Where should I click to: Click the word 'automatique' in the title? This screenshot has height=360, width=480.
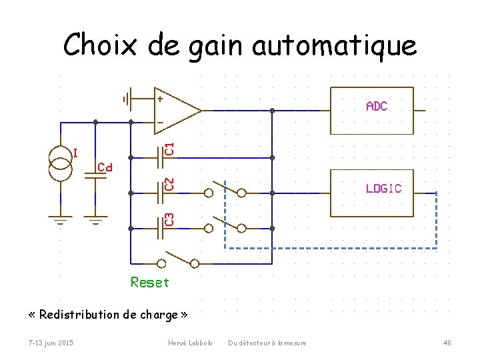coord(335,45)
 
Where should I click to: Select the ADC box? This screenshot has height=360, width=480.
coord(372,110)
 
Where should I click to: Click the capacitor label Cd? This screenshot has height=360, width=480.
coord(105,167)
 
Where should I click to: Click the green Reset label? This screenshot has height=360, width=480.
coord(149,282)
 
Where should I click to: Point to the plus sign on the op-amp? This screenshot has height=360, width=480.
coord(159,98)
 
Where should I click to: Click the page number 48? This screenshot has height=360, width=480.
coord(447,343)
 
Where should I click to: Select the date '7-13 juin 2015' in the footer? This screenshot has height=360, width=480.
coord(51,343)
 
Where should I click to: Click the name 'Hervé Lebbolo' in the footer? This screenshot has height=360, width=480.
coord(191,343)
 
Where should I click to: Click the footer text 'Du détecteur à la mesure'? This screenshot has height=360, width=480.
coord(267,343)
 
